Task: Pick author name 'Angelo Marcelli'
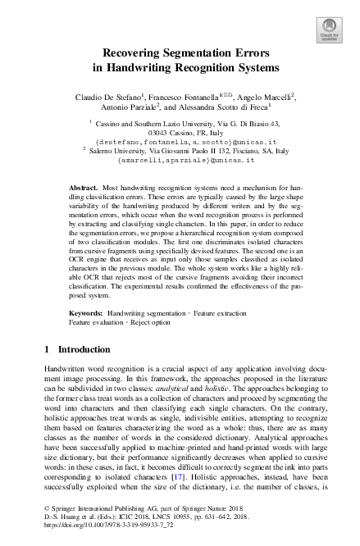[267, 96]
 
